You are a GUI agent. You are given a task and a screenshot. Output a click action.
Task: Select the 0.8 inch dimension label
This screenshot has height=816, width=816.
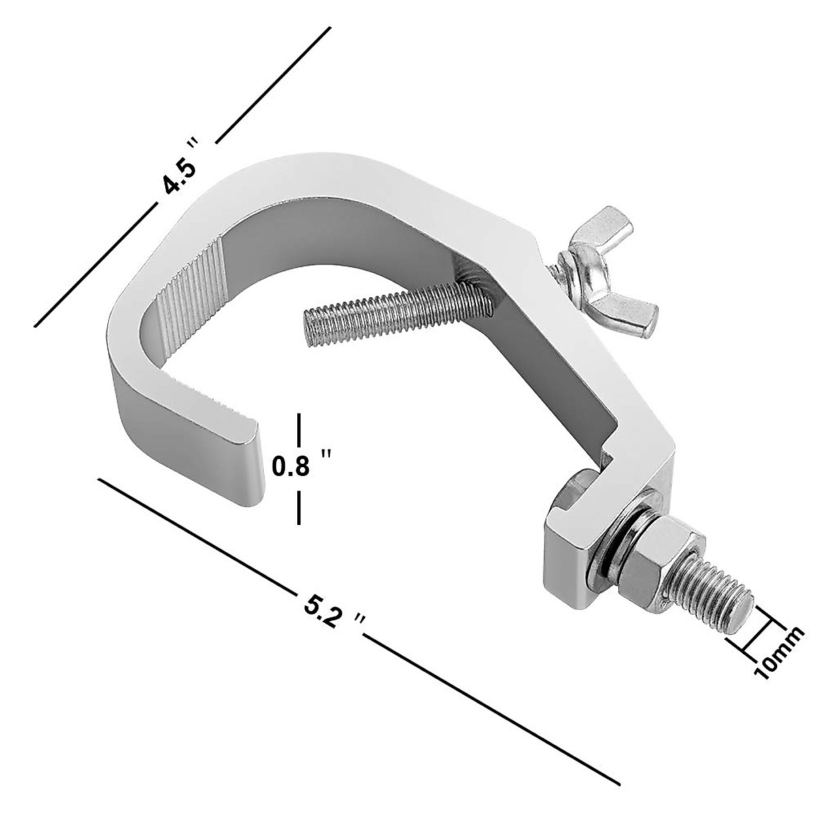[300, 466]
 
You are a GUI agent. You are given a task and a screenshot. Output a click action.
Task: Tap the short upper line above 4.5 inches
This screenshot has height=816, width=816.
[272, 81]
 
